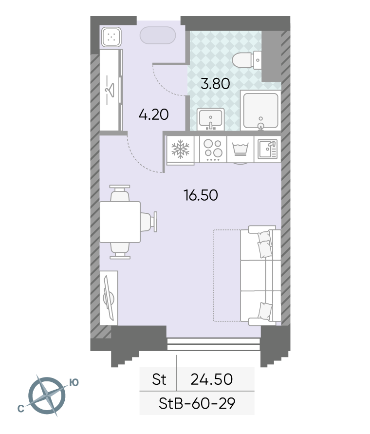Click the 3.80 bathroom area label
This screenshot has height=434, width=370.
[x=215, y=84]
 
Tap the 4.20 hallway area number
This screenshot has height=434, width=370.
[x=153, y=114]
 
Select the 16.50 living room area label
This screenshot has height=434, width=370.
[x=201, y=195]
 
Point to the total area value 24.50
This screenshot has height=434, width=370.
[x=211, y=379]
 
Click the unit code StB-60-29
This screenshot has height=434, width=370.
[x=197, y=403]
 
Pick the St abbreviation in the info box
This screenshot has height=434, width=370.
[x=159, y=379]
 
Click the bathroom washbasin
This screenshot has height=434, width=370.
[x=211, y=119]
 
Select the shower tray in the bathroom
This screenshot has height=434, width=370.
[x=260, y=111]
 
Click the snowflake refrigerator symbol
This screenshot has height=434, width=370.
[x=181, y=150]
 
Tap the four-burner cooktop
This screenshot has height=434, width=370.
[x=213, y=150]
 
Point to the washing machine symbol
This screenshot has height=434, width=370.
[x=240, y=150]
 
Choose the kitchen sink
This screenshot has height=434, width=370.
[x=267, y=150]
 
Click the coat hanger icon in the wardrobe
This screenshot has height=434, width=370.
[x=110, y=90]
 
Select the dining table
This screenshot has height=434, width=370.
[x=120, y=222]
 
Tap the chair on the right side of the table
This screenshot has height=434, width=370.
[x=149, y=222]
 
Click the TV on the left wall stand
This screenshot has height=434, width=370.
[x=109, y=298]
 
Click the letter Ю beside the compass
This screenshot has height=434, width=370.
[x=74, y=382]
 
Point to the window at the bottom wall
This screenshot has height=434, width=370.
[x=214, y=344]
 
